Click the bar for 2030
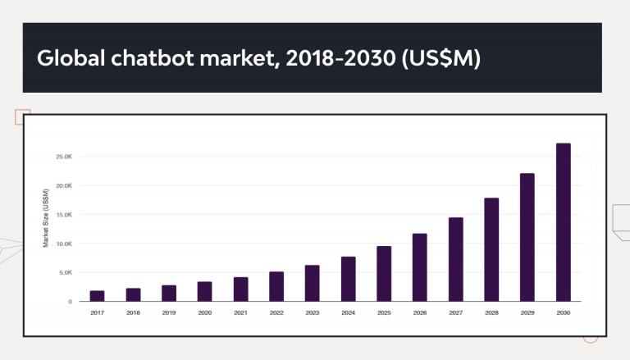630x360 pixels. (563, 222)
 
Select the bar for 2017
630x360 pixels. (97, 296)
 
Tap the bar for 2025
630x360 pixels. (384, 274)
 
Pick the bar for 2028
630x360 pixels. (491, 250)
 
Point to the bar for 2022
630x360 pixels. (276, 286)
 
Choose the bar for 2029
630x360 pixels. (527, 237)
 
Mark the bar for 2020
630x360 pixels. (204, 291)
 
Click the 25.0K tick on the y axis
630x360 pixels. (64, 156)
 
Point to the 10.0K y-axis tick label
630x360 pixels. (64, 244)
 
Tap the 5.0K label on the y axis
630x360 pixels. (66, 272)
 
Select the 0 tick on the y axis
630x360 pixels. (70, 302)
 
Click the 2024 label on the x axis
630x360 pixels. (348, 312)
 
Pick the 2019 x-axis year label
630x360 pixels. (169, 312)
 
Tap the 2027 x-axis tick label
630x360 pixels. (455, 312)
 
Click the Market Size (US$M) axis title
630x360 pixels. (46, 218)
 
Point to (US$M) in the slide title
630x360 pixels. (440, 59)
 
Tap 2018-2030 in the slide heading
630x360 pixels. (337, 59)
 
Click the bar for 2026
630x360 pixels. (419, 267)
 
